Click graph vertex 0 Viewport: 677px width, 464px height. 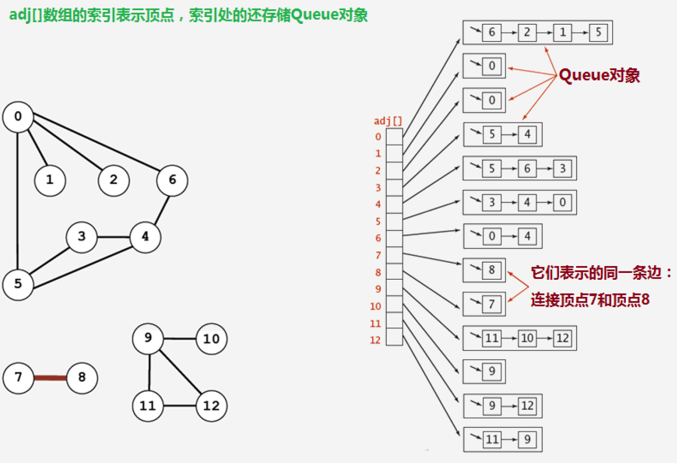point(18,117)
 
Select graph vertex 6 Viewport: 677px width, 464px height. point(172,181)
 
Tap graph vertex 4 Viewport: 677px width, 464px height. point(145,237)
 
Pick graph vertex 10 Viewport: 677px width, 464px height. point(212,339)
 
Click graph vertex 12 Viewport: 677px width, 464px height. point(212,406)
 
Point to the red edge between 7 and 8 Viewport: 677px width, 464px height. point(50,378)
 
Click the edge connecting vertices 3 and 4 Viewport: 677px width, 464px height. point(114,237)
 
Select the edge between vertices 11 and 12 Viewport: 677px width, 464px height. point(179,406)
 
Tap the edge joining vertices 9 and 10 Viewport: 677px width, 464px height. point(179,339)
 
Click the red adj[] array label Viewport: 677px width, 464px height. point(388,121)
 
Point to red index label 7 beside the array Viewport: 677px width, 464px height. point(378,255)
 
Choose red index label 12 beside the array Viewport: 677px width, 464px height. point(376,340)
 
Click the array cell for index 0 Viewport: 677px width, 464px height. point(395,137)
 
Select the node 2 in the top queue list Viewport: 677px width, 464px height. point(527,32)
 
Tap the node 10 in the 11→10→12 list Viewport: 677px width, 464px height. point(527,338)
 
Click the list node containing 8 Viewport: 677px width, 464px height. point(492,270)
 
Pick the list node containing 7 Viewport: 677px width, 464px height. point(492,304)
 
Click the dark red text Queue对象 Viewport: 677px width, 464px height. point(599,75)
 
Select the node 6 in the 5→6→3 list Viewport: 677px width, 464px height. point(527,168)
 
